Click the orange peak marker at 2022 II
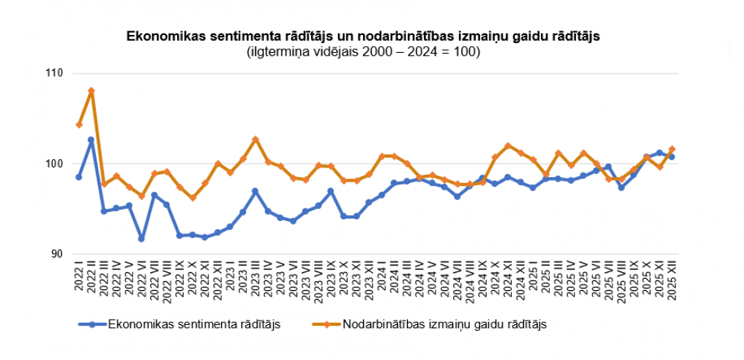point(92,91)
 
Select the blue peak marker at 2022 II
point(92,140)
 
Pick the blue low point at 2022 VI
point(141,239)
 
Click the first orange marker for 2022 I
point(79,124)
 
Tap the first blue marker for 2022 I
point(79,177)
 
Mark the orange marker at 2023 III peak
point(255,139)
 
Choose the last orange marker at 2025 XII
point(672,150)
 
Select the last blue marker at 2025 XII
point(672,157)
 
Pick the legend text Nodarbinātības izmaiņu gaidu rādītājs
point(445,324)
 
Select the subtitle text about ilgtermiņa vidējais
point(363,52)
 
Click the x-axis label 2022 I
point(79,278)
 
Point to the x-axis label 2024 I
point(382,278)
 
